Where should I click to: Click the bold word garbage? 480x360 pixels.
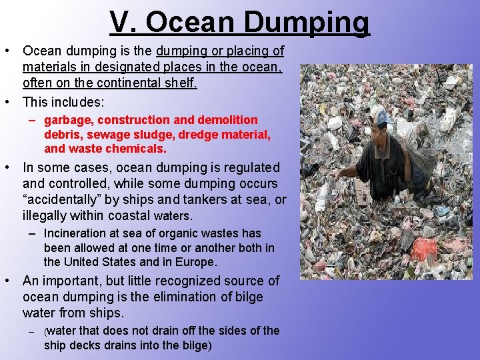pyautogui.click(x=67, y=120)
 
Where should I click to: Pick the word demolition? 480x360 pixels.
pyautogui.click(x=226, y=120)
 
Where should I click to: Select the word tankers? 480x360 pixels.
pyautogui.click(x=198, y=200)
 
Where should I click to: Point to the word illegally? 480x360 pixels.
pyautogui.click(x=46, y=216)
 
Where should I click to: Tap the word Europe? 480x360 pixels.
pyautogui.click(x=197, y=262)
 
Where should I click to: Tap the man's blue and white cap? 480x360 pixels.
pyautogui.click(x=380, y=117)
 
